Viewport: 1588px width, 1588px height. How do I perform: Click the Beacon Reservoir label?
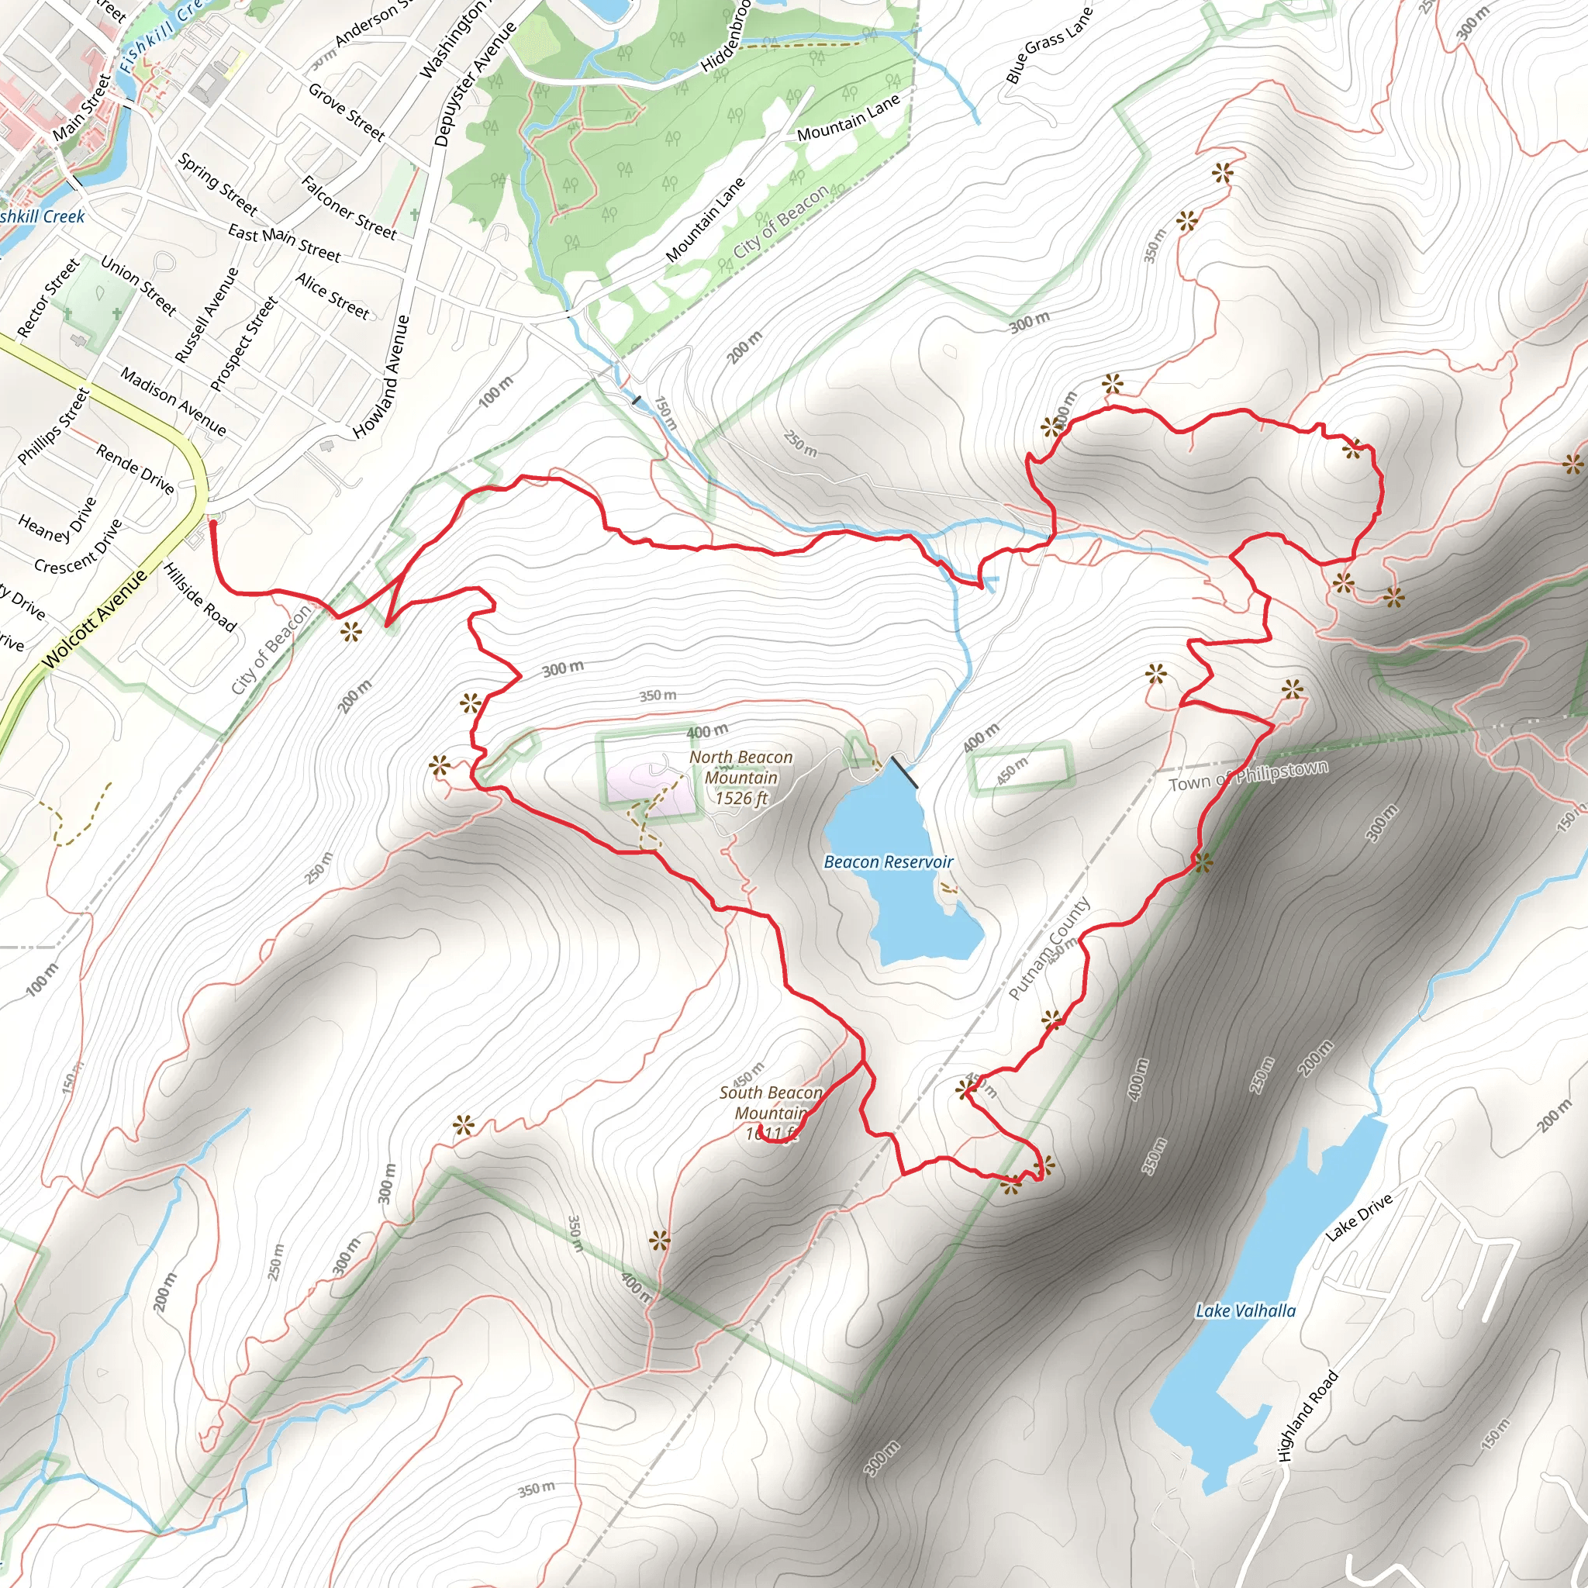coord(888,861)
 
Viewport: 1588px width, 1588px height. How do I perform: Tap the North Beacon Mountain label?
coord(740,777)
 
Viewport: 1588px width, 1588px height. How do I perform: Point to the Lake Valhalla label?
coord(1245,1310)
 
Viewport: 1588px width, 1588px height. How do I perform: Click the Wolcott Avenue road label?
coord(94,618)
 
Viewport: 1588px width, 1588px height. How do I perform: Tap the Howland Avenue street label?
coord(381,376)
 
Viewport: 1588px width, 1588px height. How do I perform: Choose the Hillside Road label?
coord(200,597)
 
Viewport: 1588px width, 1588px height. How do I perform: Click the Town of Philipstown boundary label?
coord(1248,776)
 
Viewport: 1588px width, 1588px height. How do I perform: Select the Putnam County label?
coord(1049,948)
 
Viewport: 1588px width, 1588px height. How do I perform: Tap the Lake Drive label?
coord(1358,1217)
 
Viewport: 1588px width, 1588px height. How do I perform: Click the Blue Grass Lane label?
coord(1048,46)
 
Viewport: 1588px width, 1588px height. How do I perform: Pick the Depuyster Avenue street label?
coord(475,84)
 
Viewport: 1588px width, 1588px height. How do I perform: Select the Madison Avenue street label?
coord(174,401)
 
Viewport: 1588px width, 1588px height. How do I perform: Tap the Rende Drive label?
coord(136,468)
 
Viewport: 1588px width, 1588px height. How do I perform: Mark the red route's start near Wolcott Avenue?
coord(213,523)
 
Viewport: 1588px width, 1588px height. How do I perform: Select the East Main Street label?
coord(284,243)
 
